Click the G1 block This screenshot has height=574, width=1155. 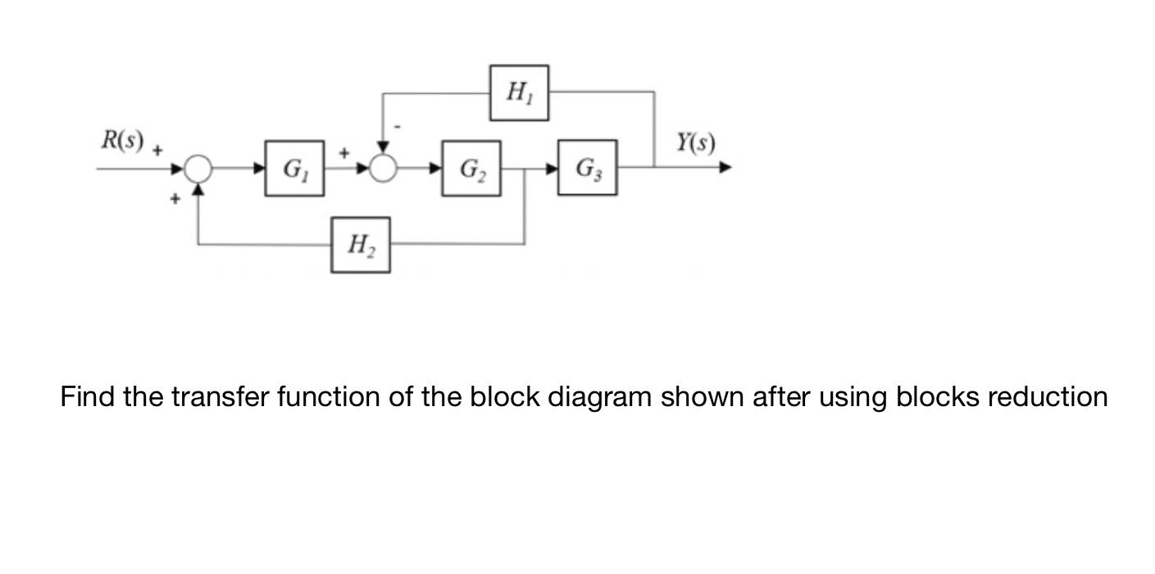click(294, 169)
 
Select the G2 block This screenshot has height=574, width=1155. click(471, 169)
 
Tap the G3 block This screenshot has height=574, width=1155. click(588, 168)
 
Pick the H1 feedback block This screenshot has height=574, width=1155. click(519, 93)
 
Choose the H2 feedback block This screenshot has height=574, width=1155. click(361, 245)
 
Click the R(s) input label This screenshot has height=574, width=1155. click(122, 140)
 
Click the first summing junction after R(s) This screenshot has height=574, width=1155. click(198, 169)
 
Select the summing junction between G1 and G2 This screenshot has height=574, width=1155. click(383, 169)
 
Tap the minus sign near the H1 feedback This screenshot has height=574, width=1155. click(398, 127)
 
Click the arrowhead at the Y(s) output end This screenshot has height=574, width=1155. click(725, 168)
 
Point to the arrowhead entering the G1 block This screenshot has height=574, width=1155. click(259, 169)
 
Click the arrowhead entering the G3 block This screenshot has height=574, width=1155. click(552, 169)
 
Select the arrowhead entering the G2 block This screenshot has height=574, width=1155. click(436, 169)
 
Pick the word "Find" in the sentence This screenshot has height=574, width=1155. click(88, 397)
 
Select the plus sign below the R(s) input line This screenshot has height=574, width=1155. click(175, 198)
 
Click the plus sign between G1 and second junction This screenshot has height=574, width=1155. click(344, 152)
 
